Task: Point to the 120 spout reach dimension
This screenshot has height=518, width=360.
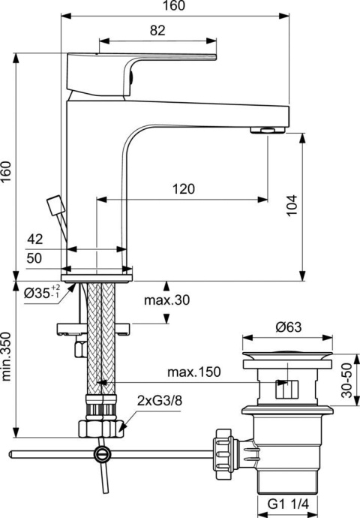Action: point(180,189)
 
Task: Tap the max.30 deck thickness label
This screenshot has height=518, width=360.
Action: point(167,300)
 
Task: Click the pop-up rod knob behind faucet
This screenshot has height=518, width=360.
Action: point(52,205)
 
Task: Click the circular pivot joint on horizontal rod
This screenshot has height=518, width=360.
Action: point(101,453)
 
